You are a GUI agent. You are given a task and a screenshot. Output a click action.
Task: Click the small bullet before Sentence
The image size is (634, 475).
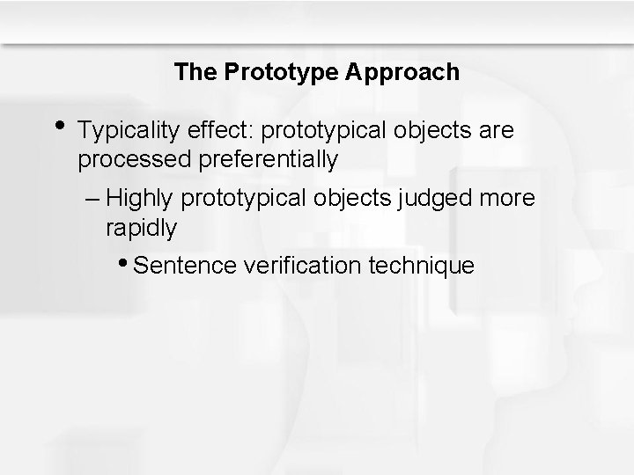click(x=129, y=262)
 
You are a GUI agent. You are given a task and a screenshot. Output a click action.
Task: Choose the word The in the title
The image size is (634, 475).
click(x=188, y=72)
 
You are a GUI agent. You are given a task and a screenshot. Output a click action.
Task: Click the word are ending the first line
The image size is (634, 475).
click(x=496, y=132)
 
